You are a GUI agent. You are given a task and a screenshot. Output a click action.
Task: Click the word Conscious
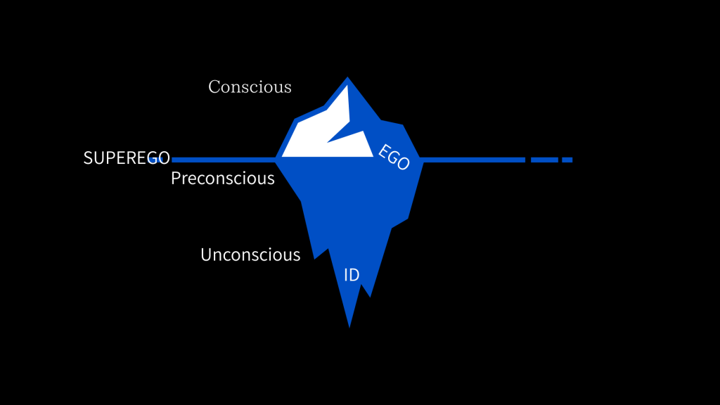[250, 87]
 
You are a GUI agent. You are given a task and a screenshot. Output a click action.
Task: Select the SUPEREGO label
[127, 158]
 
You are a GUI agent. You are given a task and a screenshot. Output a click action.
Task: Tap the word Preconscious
[222, 179]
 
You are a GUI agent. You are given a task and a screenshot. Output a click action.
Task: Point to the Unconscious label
[250, 255]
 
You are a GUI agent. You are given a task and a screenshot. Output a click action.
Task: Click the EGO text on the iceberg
[394, 157]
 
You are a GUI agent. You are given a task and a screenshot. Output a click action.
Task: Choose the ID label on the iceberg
[352, 275]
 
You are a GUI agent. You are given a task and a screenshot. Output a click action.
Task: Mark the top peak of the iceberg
[347, 79]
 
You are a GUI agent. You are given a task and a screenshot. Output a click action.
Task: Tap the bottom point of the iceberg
[349, 326]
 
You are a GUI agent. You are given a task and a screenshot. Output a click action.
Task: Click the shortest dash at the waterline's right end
[567, 160]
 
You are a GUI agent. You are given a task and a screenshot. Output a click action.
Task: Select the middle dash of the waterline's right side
[544, 160]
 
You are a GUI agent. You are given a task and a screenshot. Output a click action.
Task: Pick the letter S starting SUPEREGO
[88, 158]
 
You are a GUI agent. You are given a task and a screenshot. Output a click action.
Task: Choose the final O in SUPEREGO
[164, 158]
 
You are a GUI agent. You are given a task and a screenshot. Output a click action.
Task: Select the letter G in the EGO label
[394, 157]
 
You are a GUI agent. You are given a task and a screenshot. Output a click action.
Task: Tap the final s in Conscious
[287, 88]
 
